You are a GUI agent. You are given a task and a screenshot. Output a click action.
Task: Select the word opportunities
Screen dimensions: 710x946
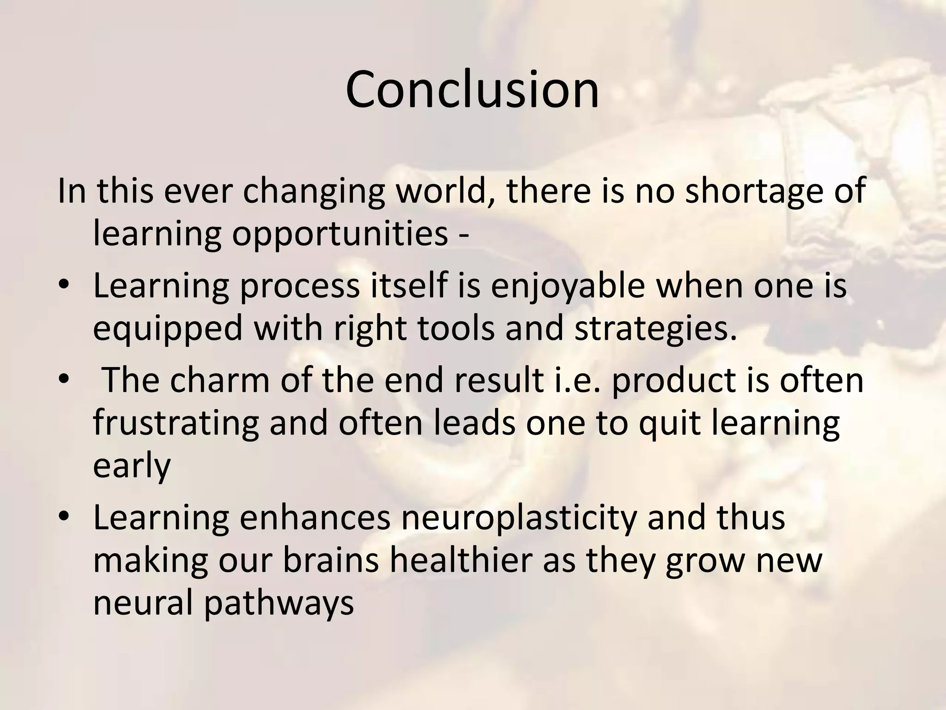(x=340, y=234)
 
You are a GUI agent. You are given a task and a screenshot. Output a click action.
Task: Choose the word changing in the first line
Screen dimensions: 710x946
(x=314, y=191)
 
